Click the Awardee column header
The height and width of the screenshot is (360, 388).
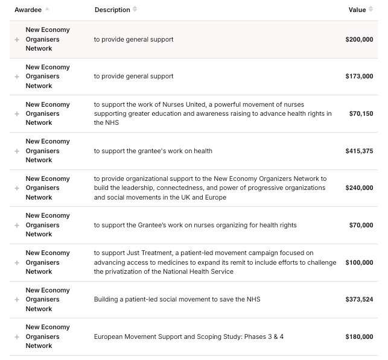click(28, 10)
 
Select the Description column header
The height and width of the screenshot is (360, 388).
click(112, 10)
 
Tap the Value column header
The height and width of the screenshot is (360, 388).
click(357, 10)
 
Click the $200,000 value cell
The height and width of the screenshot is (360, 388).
click(359, 40)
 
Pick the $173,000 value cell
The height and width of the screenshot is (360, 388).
click(359, 77)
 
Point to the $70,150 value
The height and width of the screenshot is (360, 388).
click(361, 114)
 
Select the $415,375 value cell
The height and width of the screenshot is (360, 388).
click(359, 151)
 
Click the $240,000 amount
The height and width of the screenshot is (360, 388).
click(359, 188)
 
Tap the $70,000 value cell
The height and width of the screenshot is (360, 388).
click(361, 226)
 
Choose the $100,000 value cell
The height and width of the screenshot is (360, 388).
click(359, 263)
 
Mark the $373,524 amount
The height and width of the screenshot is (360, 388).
click(359, 300)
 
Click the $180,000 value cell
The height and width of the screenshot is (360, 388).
click(359, 337)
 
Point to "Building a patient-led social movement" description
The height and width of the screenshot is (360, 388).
click(177, 300)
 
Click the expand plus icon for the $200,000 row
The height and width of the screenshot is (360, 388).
click(17, 40)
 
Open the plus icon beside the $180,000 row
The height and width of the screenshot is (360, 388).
click(17, 337)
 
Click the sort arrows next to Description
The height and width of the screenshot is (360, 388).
click(135, 10)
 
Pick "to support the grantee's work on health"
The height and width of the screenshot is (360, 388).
click(153, 151)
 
